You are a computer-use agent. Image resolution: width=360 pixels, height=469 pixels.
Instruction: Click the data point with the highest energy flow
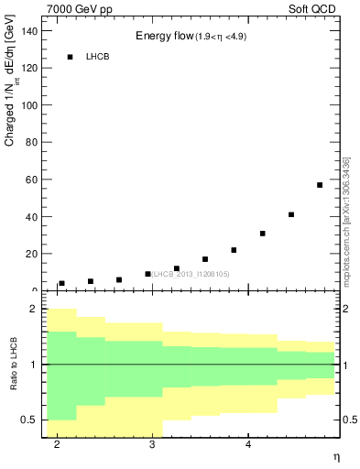point(320,185)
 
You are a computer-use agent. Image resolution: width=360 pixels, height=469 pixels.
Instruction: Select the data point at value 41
point(291,214)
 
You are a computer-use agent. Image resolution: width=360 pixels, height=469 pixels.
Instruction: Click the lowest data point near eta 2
point(61,284)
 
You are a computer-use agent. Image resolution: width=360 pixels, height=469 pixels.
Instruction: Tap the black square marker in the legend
point(70,57)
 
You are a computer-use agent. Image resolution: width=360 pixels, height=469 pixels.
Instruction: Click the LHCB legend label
point(98,57)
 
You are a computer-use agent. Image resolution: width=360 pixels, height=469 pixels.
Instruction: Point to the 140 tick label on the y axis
point(29,30)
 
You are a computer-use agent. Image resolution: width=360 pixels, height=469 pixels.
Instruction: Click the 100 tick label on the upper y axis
point(29,104)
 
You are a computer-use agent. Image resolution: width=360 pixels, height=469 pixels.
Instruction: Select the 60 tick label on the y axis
point(32,180)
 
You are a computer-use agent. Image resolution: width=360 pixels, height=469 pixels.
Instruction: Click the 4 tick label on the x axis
point(248,444)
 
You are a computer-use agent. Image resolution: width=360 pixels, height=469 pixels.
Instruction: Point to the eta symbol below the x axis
point(336,457)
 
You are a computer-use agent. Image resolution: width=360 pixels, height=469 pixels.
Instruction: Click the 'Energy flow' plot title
point(164,37)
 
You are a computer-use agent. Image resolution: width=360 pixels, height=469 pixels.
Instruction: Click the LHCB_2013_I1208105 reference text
point(191,274)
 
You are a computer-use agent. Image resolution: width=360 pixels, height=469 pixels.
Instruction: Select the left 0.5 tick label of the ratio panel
point(29,420)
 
